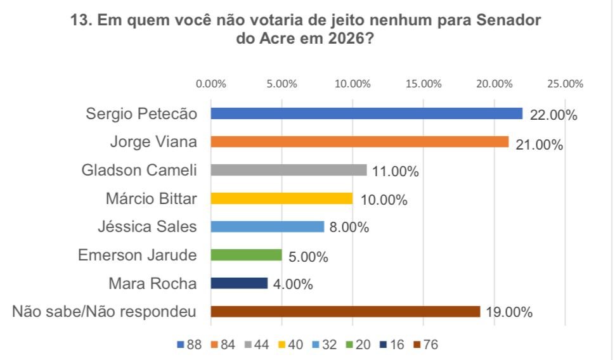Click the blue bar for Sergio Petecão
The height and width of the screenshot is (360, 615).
click(366, 113)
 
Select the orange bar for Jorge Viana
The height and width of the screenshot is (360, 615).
click(359, 142)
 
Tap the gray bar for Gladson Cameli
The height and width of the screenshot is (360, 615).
click(288, 170)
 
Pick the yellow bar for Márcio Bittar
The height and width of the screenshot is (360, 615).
click(282, 198)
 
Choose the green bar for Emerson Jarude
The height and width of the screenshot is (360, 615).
click(246, 255)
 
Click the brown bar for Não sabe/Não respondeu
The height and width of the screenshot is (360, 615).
click(346, 311)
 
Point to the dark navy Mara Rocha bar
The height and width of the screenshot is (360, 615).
click(239, 283)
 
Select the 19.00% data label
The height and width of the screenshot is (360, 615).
click(509, 312)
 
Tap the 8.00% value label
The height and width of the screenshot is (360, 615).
click(348, 228)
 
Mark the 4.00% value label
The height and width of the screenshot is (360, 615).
click(293, 285)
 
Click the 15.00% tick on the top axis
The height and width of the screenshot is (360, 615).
click(423, 84)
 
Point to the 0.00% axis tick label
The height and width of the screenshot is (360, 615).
click(211, 84)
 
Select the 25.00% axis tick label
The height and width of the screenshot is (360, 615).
click(564, 84)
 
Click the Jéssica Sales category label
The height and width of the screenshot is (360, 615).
click(148, 226)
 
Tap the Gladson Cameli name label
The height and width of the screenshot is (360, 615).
click(139, 170)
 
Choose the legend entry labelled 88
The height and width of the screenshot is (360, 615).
click(190, 345)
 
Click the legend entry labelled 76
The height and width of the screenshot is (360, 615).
click(425, 345)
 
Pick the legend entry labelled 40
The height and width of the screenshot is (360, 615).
click(290, 345)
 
